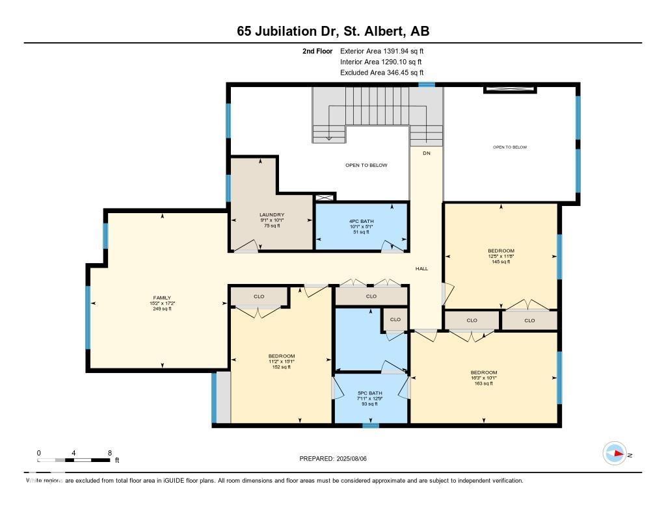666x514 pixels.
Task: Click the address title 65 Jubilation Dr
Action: point(332,31)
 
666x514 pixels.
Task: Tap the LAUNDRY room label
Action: point(272,215)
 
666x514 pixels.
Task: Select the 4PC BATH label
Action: point(361,222)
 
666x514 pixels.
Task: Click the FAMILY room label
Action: point(161,298)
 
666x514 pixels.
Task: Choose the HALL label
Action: point(422,268)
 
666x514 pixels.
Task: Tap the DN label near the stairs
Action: point(427,153)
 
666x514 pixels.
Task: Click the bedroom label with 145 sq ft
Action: point(501,251)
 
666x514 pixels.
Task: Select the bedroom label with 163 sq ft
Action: point(484,372)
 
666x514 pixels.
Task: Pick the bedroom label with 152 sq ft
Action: point(282,356)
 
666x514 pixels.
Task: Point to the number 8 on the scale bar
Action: point(109,452)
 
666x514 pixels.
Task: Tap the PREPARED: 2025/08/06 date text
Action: point(337,458)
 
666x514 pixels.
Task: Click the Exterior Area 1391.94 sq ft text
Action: point(382,51)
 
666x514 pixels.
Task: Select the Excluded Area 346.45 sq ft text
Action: point(382,73)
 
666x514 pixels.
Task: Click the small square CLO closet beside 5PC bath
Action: point(395,320)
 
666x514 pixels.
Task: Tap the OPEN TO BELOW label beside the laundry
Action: point(366,165)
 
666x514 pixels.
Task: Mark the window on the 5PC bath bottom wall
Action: point(370,426)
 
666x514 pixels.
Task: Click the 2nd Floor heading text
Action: point(317,51)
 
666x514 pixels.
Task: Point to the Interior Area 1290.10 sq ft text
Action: point(382,62)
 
